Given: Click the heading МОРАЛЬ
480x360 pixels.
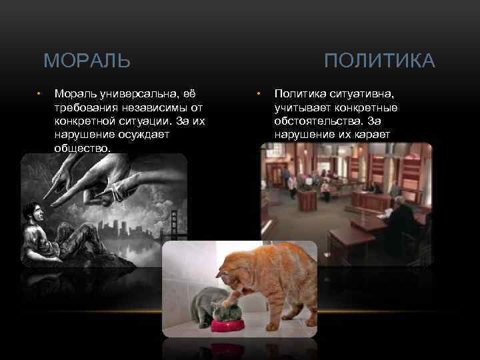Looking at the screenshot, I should [87, 62].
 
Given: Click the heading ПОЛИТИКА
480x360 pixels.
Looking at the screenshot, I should [379, 62].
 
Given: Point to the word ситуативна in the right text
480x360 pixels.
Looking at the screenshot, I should [361, 94].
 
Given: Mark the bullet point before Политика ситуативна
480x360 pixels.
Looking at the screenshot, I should [259, 94].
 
